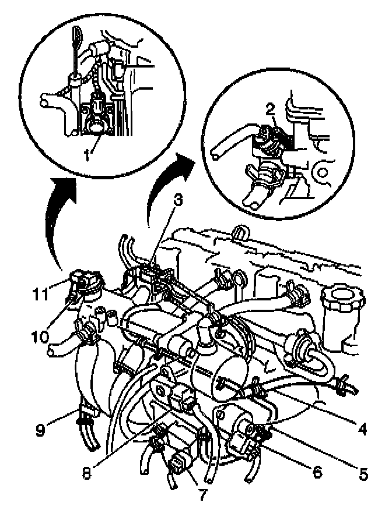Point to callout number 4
pyautogui.click(x=362, y=430)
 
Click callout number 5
pyautogui.click(x=363, y=474)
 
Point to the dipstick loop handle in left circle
pyautogui.click(x=77, y=35)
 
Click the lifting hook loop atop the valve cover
pyautogui.click(x=239, y=232)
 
